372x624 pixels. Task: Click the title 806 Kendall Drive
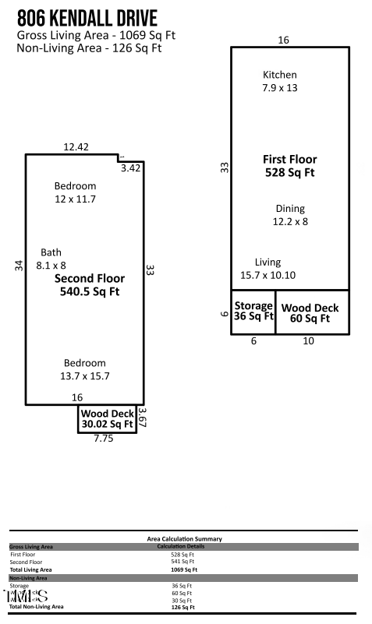(x=87, y=18)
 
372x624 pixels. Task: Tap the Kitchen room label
(x=279, y=81)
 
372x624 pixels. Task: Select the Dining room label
(x=290, y=215)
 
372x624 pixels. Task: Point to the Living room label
(x=267, y=269)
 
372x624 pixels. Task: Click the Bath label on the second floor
(x=51, y=259)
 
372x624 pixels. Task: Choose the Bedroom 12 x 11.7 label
(x=75, y=192)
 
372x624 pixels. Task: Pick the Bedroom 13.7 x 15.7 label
(x=85, y=369)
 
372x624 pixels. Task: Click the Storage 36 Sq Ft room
(x=253, y=312)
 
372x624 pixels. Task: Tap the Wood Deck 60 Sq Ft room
(x=310, y=312)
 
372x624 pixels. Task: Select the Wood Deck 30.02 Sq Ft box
(x=107, y=418)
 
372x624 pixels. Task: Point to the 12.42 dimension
(x=76, y=146)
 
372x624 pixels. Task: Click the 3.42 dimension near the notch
(x=130, y=167)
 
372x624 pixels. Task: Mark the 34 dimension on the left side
(x=19, y=266)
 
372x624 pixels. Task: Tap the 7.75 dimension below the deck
(x=104, y=439)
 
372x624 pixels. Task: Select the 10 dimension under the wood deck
(x=308, y=341)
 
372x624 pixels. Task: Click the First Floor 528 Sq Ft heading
(x=289, y=166)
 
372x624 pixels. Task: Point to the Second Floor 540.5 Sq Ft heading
(x=89, y=284)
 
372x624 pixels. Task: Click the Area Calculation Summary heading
(x=184, y=538)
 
